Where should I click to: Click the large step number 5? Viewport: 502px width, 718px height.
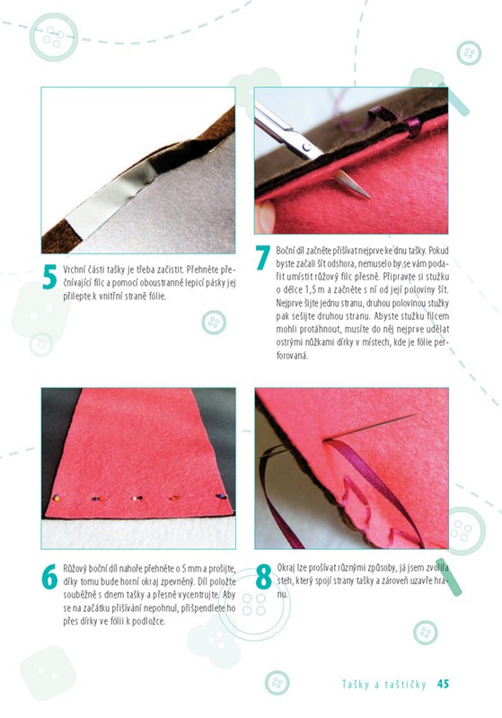49,277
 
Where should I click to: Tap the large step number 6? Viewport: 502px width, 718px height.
49,577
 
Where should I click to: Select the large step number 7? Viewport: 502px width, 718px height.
262,258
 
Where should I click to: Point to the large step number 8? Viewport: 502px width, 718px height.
264,577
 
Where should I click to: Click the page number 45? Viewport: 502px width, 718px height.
443,684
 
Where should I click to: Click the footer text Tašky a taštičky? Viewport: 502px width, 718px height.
384,684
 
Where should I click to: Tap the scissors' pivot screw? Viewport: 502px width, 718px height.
306,147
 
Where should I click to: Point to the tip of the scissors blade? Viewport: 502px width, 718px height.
368,198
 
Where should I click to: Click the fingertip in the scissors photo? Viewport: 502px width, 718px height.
265,217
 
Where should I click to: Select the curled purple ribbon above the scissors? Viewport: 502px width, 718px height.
397,118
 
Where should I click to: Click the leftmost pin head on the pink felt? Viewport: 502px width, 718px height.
57,497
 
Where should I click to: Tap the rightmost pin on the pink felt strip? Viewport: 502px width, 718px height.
222,496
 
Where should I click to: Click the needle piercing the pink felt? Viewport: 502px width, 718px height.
370,427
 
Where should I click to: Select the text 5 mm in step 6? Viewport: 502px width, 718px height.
190,569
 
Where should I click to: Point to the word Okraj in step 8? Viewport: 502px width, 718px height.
286,568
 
